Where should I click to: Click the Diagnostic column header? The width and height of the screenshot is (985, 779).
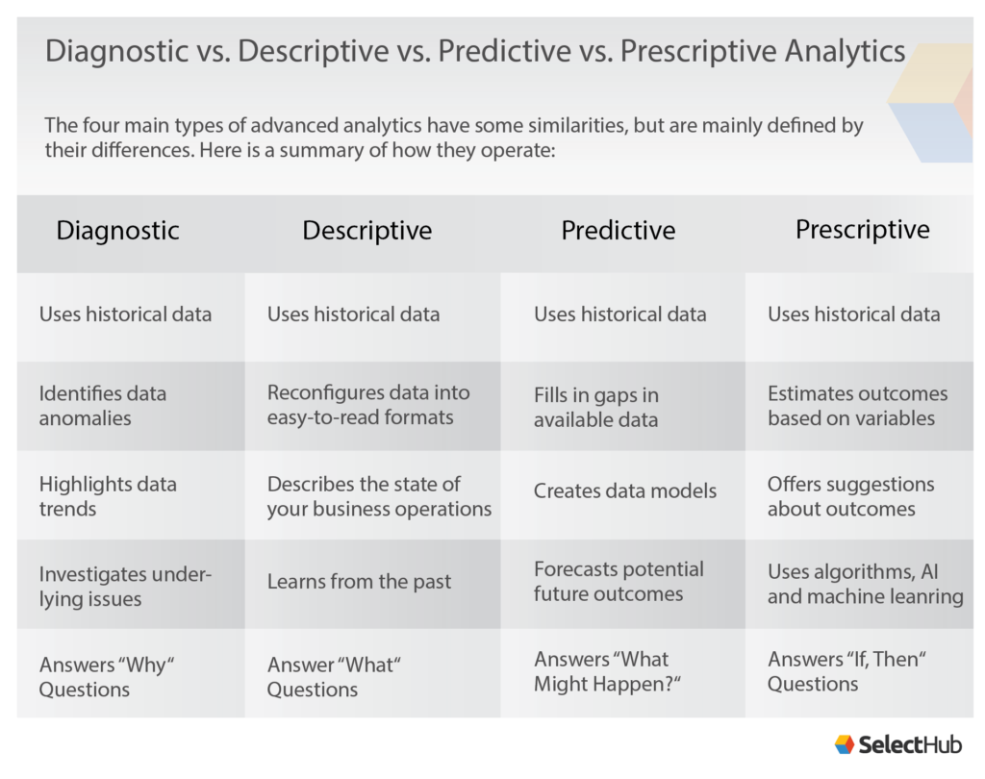(x=117, y=231)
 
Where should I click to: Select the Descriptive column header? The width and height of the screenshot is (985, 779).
(x=366, y=231)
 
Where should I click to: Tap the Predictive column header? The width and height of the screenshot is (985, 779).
(x=618, y=231)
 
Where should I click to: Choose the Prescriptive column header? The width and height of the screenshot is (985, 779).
(x=862, y=230)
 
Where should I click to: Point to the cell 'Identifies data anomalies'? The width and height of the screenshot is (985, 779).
(x=103, y=406)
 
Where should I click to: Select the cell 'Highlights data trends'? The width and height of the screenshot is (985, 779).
(x=108, y=496)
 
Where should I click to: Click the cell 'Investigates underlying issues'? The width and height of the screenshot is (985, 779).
(x=125, y=587)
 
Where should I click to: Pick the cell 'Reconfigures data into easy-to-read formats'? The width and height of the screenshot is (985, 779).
(x=368, y=405)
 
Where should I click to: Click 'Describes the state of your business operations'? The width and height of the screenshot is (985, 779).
(x=379, y=496)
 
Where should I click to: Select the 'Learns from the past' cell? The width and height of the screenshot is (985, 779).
(x=359, y=582)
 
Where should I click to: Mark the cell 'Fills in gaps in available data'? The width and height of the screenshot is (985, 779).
(x=596, y=407)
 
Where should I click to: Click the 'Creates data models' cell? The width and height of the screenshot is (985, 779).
(x=625, y=490)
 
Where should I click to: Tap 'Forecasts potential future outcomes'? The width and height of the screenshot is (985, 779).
(x=619, y=582)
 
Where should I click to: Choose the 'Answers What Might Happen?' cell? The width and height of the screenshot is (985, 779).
(x=601, y=671)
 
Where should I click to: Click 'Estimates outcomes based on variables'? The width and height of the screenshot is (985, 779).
(x=857, y=406)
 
